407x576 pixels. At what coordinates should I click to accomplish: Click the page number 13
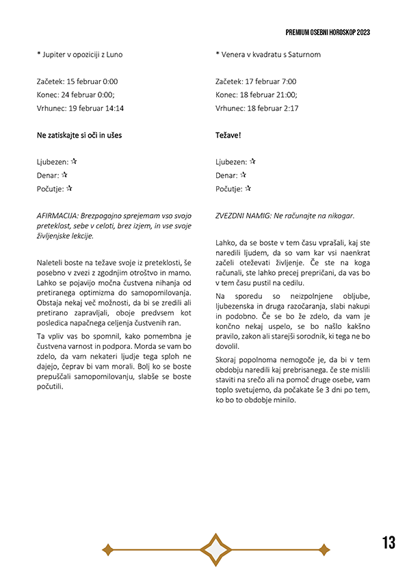coord(389,543)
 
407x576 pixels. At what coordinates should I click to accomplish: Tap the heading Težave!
coord(228,135)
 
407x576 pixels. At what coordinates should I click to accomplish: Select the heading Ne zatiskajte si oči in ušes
coord(79,135)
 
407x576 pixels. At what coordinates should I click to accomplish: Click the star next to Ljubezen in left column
coord(73,161)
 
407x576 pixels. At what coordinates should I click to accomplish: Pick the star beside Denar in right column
coord(244,175)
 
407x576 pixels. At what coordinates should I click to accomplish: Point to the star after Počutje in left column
coord(69,188)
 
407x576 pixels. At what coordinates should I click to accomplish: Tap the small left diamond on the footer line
coord(107,549)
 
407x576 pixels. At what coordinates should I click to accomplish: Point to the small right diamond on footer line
coord(324,549)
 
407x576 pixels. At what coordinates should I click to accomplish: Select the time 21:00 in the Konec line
coord(285,94)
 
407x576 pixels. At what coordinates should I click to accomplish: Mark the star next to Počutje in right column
coord(248,188)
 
